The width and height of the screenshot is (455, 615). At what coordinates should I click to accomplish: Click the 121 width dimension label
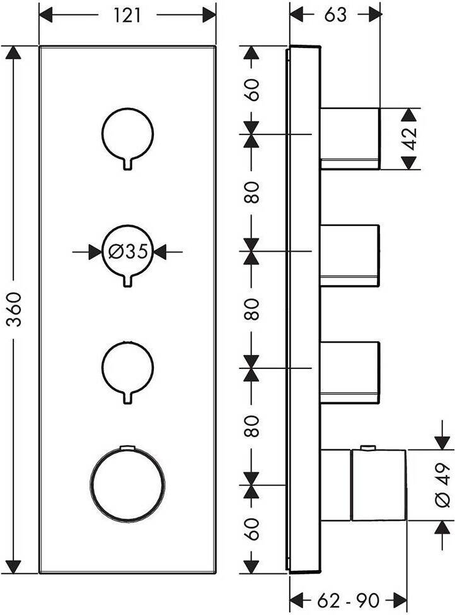127,16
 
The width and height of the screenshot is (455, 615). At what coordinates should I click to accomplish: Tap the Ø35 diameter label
128,252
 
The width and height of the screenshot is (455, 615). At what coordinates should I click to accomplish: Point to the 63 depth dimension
336,15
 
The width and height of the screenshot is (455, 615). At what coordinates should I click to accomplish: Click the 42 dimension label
410,138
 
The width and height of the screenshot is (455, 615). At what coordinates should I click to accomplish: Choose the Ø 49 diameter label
443,485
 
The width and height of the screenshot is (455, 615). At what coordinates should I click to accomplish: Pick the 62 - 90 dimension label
348,600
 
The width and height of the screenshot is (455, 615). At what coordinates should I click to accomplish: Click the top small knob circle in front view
127,134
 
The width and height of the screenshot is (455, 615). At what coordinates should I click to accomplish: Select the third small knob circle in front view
127,368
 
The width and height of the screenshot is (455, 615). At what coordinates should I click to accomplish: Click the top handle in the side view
350,138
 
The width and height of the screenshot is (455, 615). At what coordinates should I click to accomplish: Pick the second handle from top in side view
350,255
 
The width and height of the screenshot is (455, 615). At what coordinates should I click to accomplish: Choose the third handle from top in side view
350,373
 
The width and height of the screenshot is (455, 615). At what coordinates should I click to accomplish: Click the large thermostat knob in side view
379,485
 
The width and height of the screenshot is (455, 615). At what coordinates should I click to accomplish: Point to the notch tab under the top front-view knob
127,164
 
